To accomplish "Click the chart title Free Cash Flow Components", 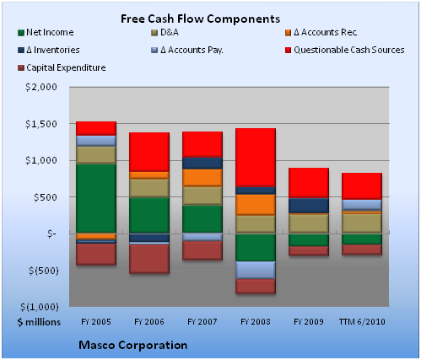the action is pos(200,19).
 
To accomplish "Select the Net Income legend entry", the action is pos(46,32).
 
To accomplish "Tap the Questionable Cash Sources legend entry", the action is pos(344,50).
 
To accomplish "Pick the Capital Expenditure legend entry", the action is pos(62,67).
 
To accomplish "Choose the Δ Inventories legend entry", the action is pos(48,50).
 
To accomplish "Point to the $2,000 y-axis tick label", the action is pos(41,87).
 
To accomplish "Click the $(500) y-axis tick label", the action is pos(43,271).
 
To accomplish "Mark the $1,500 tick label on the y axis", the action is pos(41,124).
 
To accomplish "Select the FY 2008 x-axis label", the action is pos(256,321).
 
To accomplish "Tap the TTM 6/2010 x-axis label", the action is pos(362,321).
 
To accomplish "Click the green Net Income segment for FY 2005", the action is pos(96,198).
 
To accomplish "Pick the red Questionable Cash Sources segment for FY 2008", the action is pos(256,158).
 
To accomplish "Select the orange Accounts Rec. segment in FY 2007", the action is pos(202,178).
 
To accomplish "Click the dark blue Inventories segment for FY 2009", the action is pos(309,206).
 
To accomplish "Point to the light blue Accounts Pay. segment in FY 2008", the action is pos(256,270).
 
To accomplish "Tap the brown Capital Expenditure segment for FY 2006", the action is pos(149,259).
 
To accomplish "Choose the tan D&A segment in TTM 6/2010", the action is pos(362,223).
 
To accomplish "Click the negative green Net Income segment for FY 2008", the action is pos(256,247).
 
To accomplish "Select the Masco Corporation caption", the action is pos(133,345).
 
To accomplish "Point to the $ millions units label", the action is pos(39,322).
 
